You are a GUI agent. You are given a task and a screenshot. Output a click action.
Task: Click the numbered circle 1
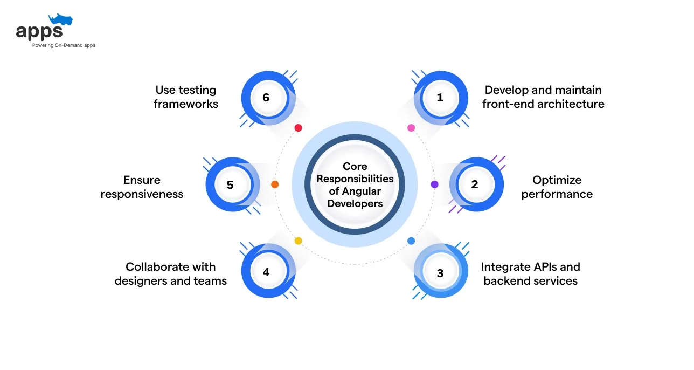point(440,98)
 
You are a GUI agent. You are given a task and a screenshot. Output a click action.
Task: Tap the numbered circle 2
point(474,184)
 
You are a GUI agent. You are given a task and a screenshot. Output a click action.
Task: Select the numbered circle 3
point(440,273)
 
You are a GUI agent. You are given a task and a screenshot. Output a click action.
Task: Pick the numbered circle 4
point(266,272)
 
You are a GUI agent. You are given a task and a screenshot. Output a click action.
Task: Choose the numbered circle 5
point(230,184)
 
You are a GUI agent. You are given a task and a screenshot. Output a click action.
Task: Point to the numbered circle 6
point(266,98)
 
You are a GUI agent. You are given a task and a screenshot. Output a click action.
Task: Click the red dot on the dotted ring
point(298,128)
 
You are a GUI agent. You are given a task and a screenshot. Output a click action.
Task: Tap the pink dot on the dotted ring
point(411,128)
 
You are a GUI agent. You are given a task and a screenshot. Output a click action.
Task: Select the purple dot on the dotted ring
point(434,184)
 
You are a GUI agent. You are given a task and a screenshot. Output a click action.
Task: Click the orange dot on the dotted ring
point(275,184)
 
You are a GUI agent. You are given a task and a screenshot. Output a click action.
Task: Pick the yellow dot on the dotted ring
point(298,241)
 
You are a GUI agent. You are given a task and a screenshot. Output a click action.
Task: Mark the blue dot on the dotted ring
point(411,241)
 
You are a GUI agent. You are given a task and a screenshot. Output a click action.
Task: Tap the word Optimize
point(557,180)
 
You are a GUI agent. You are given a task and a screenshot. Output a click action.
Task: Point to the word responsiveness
point(142,194)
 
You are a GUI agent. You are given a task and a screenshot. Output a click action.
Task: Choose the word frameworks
point(186,104)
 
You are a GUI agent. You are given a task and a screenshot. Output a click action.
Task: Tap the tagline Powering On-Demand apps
point(64,45)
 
